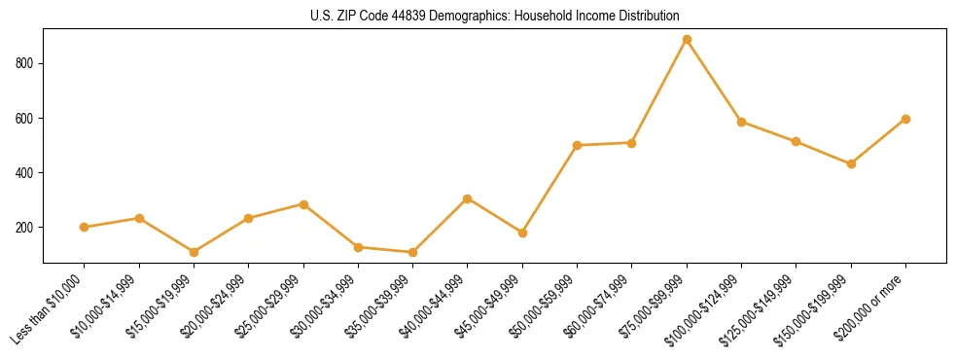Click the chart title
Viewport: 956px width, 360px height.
click(494, 16)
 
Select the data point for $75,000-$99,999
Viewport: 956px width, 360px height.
click(687, 40)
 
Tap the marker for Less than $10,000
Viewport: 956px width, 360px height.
click(85, 227)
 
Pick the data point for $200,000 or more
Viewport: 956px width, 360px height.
click(905, 119)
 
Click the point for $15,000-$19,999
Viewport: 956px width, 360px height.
click(194, 252)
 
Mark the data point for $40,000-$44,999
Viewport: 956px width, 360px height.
click(468, 198)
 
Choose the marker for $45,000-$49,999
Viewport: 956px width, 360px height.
click(522, 233)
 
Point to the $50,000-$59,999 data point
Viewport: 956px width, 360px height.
click(578, 145)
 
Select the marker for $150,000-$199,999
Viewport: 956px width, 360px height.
click(851, 163)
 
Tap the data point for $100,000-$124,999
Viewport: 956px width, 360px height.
click(741, 122)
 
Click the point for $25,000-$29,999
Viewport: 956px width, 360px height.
click(303, 204)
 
